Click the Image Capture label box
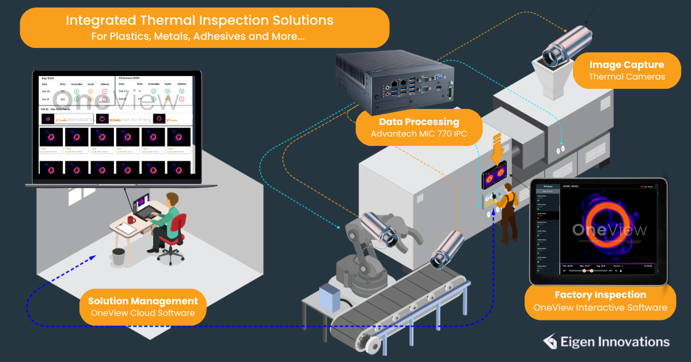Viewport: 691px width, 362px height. pyautogui.click(x=626, y=71)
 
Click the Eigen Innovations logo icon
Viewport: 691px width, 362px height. pyautogui.click(x=550, y=342)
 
